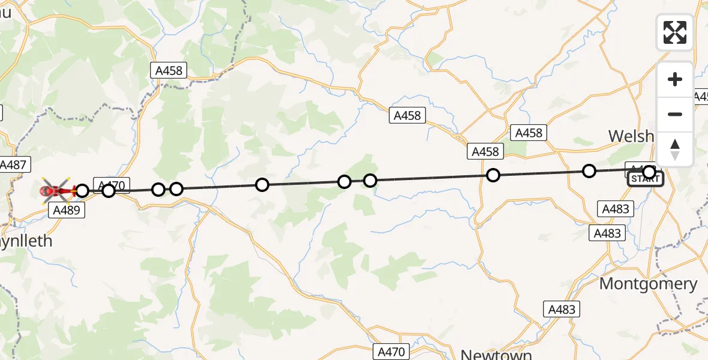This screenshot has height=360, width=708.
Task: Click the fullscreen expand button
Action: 675,32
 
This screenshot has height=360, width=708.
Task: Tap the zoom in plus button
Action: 675,79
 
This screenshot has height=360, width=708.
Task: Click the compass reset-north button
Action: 675,149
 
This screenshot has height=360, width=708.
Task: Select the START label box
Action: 646,179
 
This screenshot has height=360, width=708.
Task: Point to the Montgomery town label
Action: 648,283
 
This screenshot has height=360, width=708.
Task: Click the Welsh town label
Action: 631,136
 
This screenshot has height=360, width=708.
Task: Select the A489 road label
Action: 66,210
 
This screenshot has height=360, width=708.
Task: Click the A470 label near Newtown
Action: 392,351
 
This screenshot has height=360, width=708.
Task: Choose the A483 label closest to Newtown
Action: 562,309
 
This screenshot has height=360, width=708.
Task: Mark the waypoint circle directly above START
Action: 649,172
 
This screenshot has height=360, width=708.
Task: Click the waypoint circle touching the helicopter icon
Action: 82,191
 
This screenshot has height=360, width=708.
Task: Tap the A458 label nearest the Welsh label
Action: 529,133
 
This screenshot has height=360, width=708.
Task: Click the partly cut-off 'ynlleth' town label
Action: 26,241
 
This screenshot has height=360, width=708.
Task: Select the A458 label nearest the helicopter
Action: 169,71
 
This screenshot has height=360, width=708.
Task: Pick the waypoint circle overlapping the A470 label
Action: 109,191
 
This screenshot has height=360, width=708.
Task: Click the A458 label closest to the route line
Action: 485,152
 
